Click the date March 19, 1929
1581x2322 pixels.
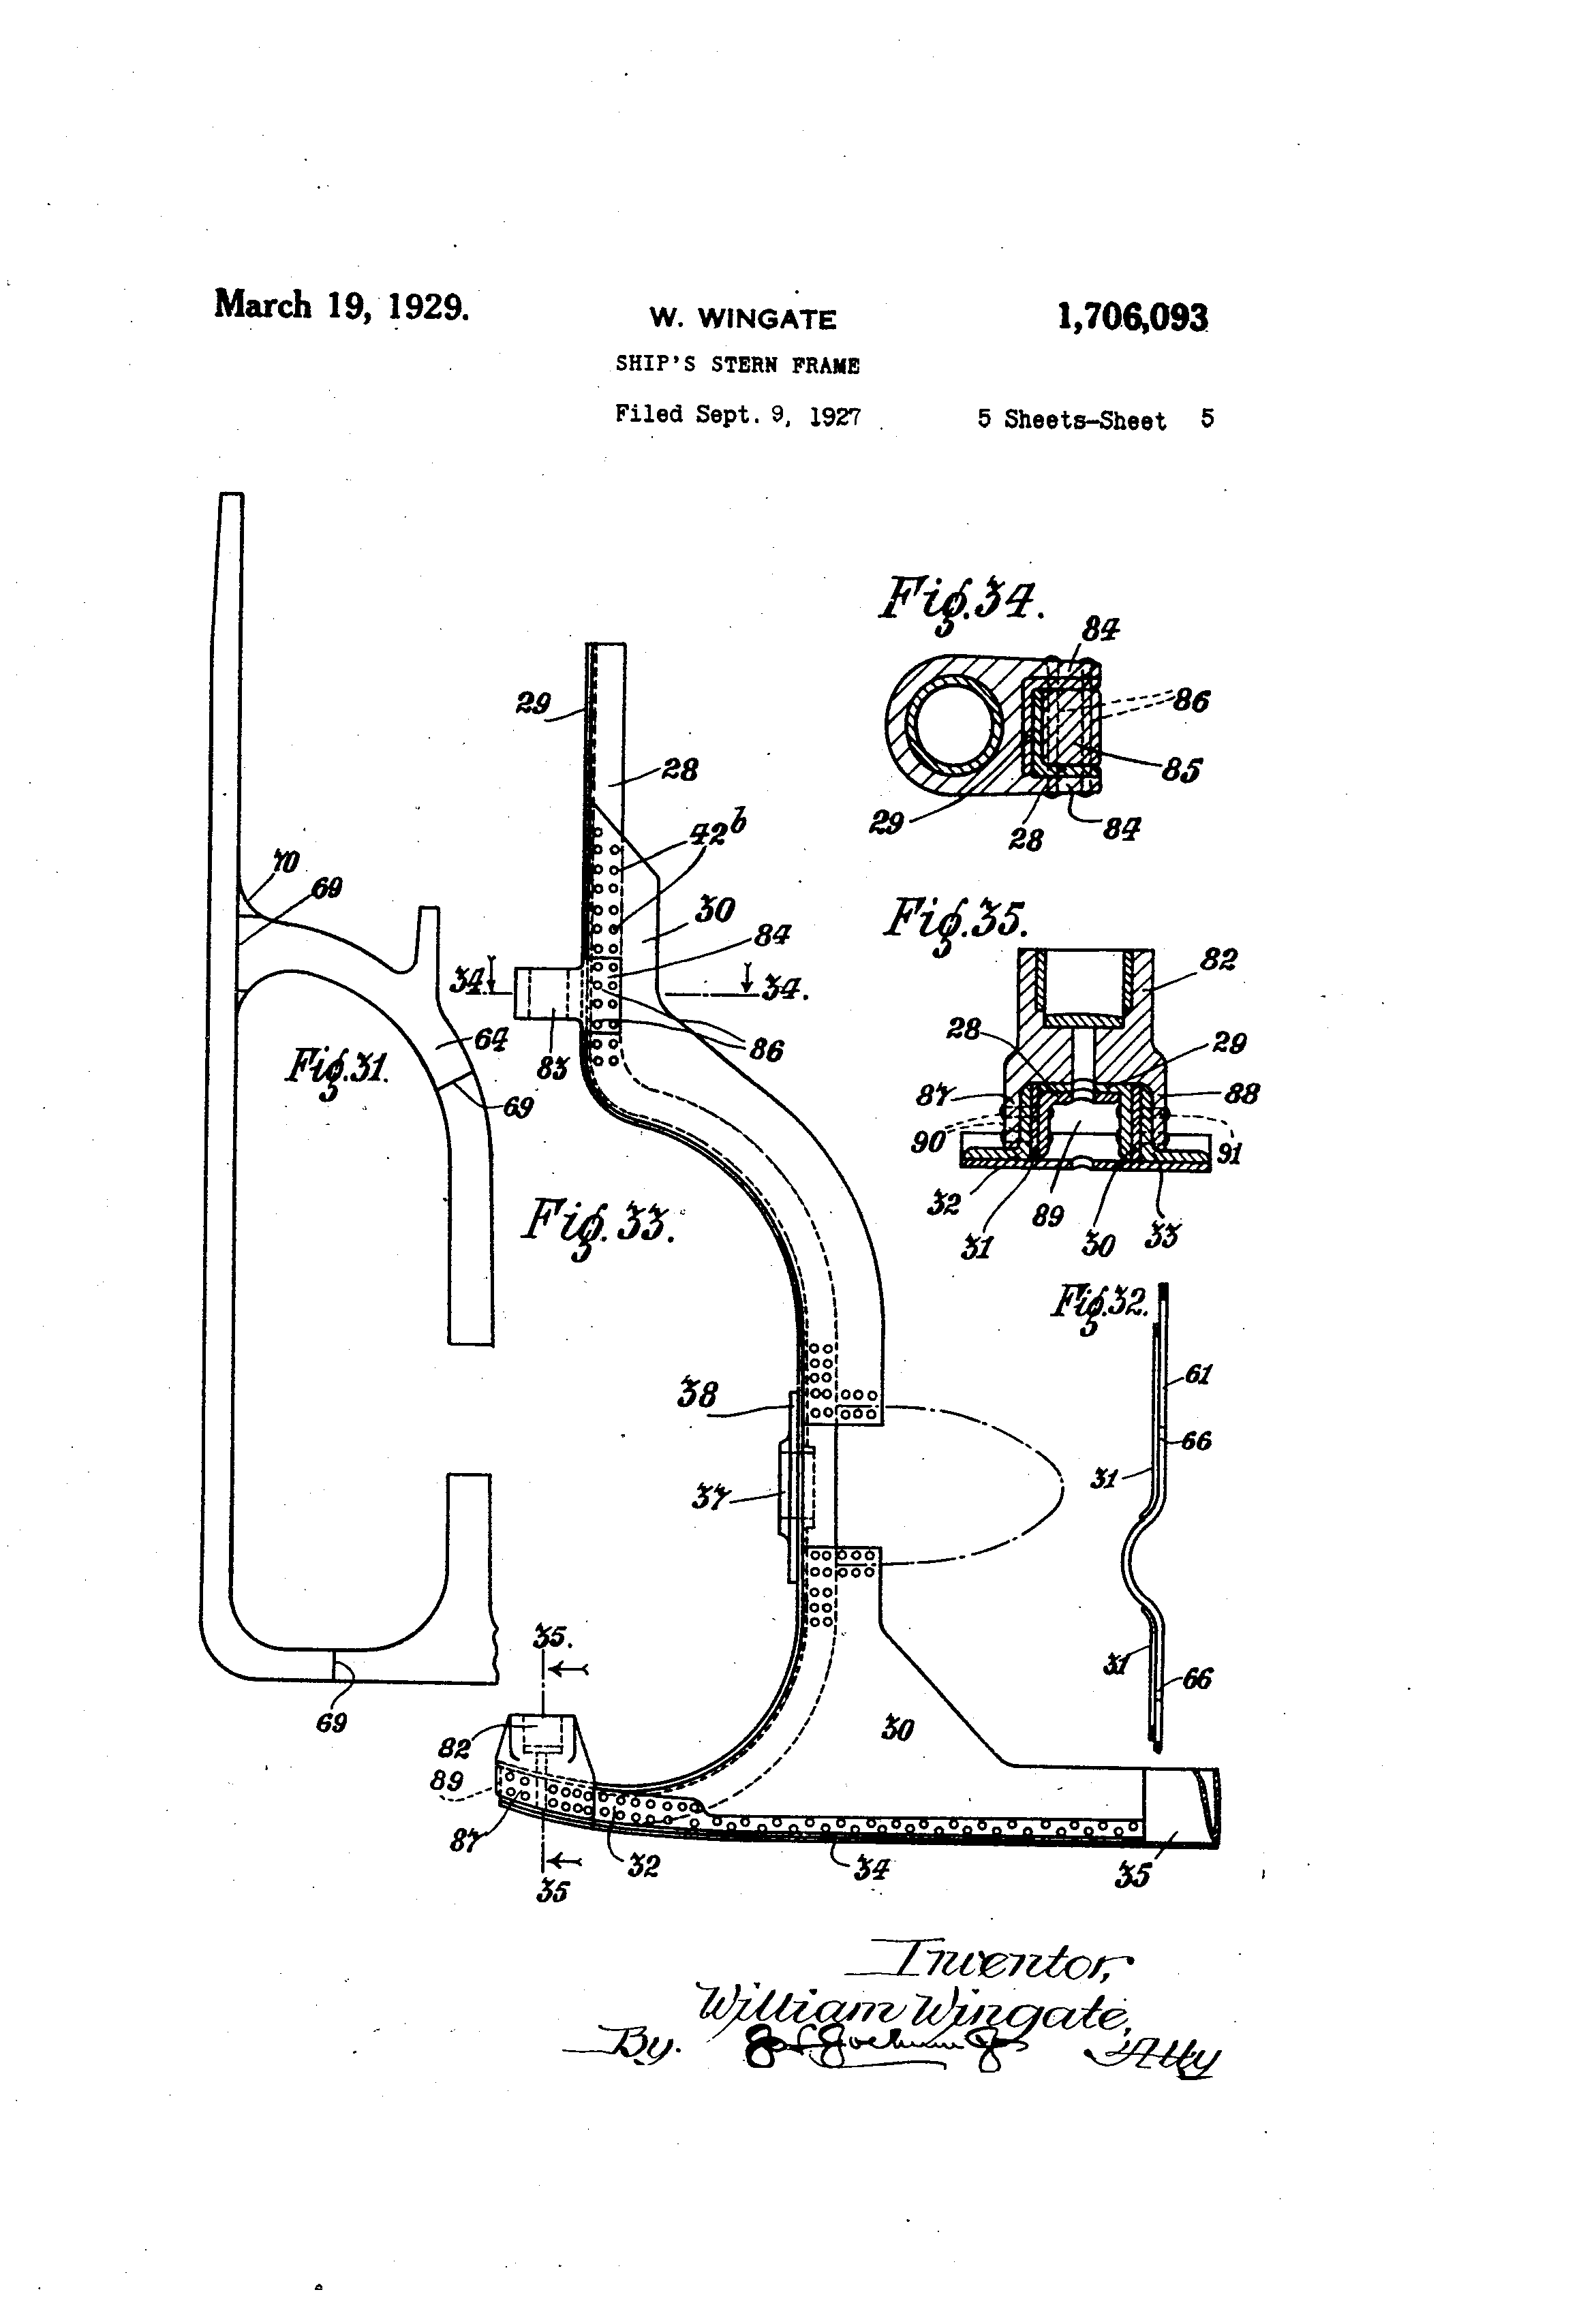tap(341, 305)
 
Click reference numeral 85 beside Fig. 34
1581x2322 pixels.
tap(1180, 771)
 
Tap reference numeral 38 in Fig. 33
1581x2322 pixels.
tap(696, 1394)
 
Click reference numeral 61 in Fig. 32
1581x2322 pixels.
tap(1197, 1375)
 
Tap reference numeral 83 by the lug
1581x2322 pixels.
tap(552, 1068)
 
